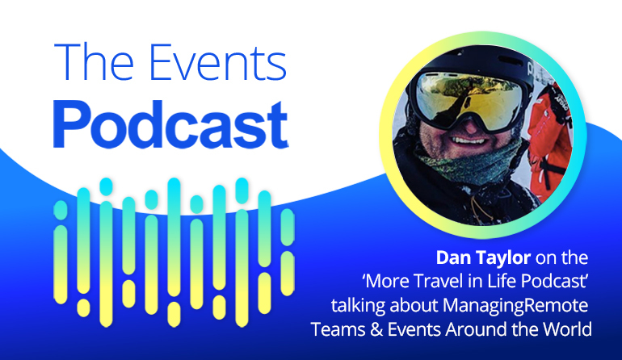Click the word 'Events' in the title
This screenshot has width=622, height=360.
tap(218, 62)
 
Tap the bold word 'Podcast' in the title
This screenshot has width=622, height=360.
tap(170, 124)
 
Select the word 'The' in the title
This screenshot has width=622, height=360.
tap(94, 62)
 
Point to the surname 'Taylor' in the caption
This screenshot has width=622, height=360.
tap(502, 259)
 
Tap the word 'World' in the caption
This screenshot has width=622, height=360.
tap(567, 329)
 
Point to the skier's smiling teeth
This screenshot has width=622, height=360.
tap(469, 140)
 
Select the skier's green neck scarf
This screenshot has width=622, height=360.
tap(468, 162)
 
